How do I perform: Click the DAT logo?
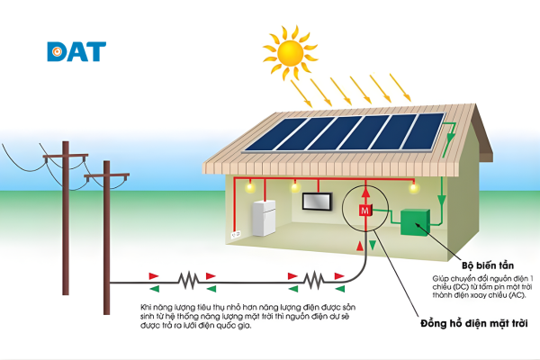click(x=76, y=50)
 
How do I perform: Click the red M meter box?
click(x=364, y=210)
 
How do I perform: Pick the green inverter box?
click(x=417, y=224)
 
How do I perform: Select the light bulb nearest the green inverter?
click(x=413, y=187)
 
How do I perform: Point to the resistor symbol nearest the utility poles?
click(x=187, y=281)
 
